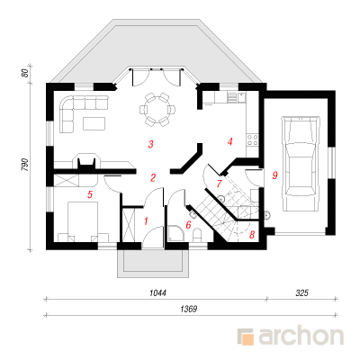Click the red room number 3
pos(151,144)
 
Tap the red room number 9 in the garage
pos(274,175)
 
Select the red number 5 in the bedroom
pos(90,194)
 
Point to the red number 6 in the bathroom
pos(188,225)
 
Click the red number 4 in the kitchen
pos(230,141)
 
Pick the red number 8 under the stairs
pos(252,235)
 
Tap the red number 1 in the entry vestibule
pos(146,221)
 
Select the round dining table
pos(157,110)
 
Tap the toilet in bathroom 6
pos(197,235)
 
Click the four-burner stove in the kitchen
pos(252,140)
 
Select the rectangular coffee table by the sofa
pos(94,123)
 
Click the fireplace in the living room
pos(87,162)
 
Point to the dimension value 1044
pos(157,292)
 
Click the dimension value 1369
pos(189,309)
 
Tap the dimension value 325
pos(301,292)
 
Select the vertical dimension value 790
pos(24,165)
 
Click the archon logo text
pos(301,336)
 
